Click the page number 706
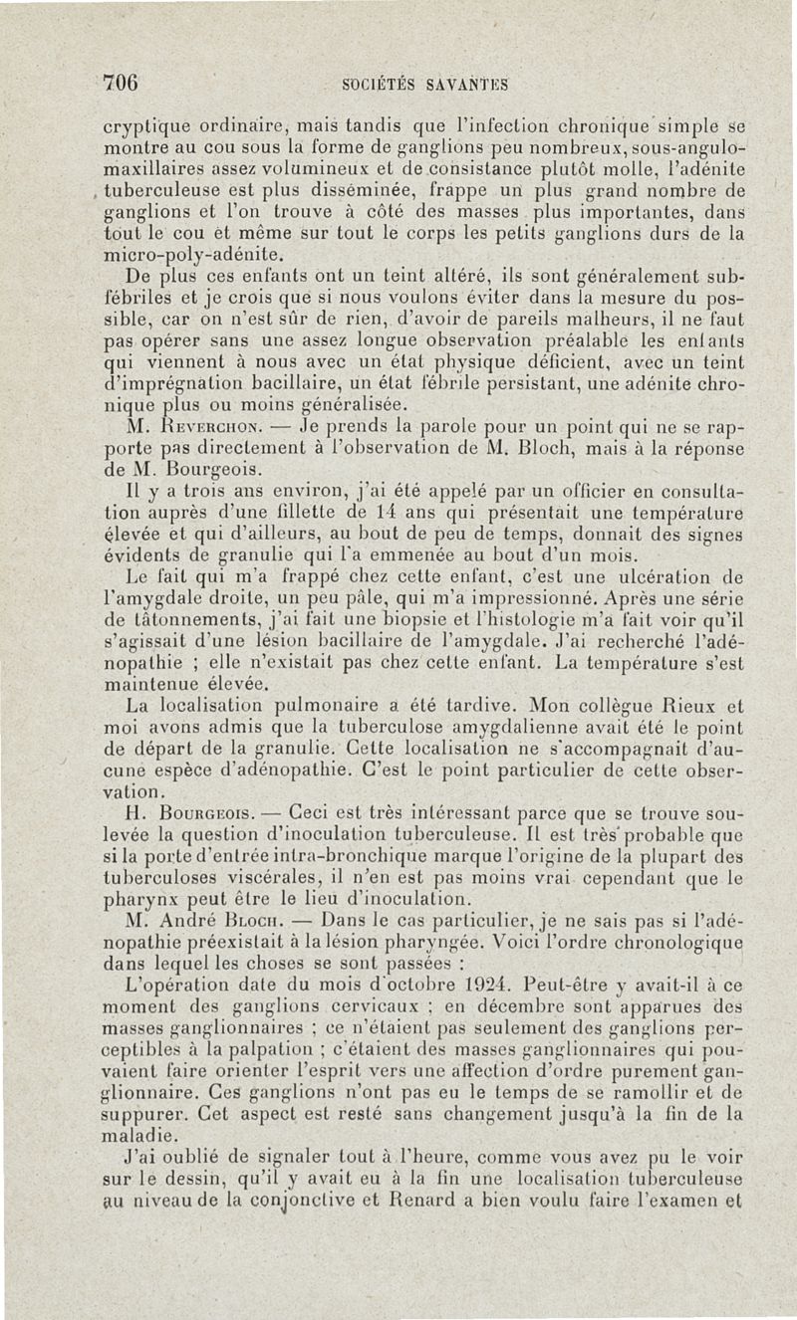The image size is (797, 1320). click(120, 82)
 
